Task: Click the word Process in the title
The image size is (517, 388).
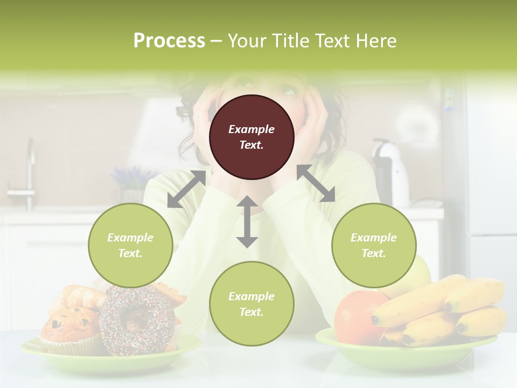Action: click(169, 40)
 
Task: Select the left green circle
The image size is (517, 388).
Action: click(130, 245)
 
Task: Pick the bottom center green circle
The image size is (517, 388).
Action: click(251, 304)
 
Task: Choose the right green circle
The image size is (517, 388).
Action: click(374, 245)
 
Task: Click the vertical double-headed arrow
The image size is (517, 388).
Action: click(247, 221)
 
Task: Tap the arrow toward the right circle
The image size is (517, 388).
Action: click(316, 183)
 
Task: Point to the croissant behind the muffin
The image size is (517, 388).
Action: click(78, 297)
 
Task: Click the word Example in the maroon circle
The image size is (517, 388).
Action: click(251, 129)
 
